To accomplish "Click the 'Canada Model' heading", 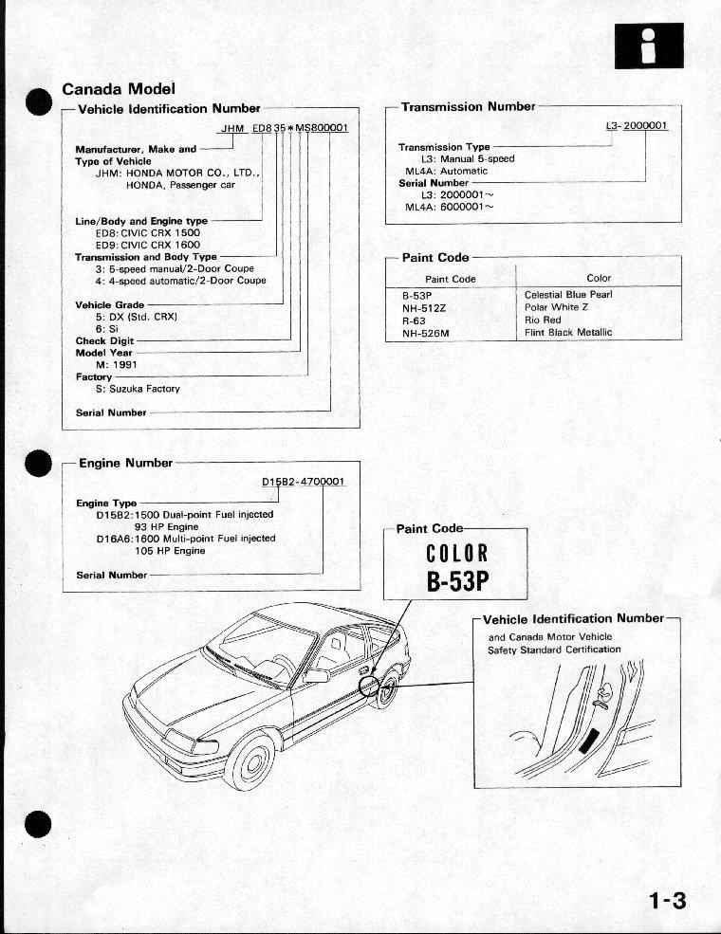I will click(118, 89).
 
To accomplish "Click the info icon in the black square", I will click(648, 45).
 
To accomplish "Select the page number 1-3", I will click(667, 899).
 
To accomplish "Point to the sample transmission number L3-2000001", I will click(637, 126).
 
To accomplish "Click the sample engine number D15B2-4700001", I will click(304, 482).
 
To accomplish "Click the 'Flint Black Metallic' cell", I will click(568, 333).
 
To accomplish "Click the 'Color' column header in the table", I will click(599, 279).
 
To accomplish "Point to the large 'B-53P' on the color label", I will click(462, 581).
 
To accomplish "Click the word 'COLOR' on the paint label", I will click(456, 553).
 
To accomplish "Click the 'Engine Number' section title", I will click(125, 463).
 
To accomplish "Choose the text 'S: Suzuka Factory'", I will click(138, 389).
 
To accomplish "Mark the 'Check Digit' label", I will click(104, 340).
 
